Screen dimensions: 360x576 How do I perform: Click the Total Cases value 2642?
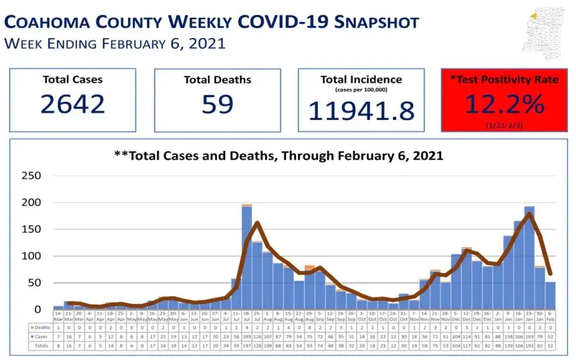click(x=73, y=104)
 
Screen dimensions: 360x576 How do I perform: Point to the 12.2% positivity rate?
click(x=504, y=104)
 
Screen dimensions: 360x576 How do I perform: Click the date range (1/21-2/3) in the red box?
click(x=504, y=125)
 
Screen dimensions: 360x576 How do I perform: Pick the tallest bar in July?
click(x=247, y=258)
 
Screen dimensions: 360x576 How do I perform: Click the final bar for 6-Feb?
click(x=550, y=296)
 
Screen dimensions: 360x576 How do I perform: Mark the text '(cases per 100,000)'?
click(x=361, y=89)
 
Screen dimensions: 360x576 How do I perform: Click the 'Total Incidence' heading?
click(x=361, y=79)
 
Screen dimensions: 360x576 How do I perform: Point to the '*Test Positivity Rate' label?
click(x=504, y=79)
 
